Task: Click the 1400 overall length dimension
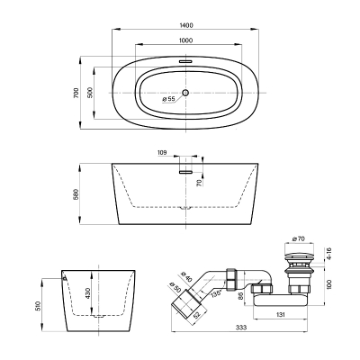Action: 186,25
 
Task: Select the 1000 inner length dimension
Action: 186,40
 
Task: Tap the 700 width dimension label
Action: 76,93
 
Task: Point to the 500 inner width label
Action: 91,93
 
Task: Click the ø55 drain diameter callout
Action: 168,99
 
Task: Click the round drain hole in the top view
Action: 185,93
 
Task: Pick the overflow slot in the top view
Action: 185,61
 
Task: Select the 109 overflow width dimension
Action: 162,153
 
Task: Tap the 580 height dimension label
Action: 76,194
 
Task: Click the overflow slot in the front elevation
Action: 185,172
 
